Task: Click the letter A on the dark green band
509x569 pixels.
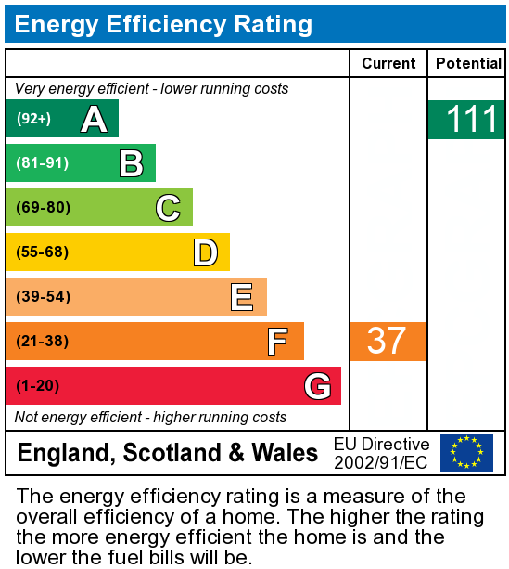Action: (94, 119)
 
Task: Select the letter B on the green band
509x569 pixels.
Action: (131, 163)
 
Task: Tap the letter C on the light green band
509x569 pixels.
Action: (168, 208)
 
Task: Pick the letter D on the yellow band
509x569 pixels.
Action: (205, 252)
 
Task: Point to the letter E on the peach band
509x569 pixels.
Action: (242, 297)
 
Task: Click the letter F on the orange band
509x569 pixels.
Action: (277, 342)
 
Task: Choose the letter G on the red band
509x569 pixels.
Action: (317, 386)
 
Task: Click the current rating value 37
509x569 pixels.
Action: (387, 342)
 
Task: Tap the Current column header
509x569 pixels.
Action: (388, 63)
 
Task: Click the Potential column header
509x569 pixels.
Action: (468, 63)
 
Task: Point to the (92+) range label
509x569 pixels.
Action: (33, 119)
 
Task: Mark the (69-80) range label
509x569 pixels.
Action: (43, 208)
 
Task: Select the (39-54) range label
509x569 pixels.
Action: (43, 297)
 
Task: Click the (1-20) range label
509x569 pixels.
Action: (38, 386)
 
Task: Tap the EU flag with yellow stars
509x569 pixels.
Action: (466, 453)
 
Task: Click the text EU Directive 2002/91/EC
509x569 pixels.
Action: (381, 453)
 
